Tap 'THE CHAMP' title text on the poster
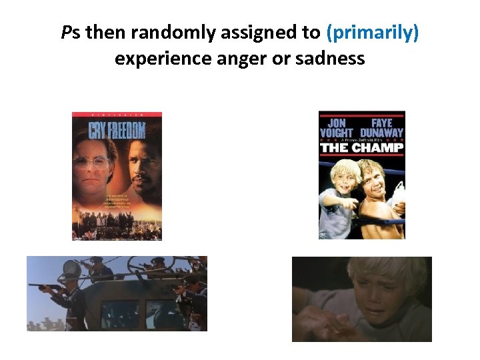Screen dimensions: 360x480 click(361, 147)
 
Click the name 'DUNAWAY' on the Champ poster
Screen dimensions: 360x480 click(382, 133)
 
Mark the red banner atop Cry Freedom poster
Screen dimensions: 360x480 click(117, 115)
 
